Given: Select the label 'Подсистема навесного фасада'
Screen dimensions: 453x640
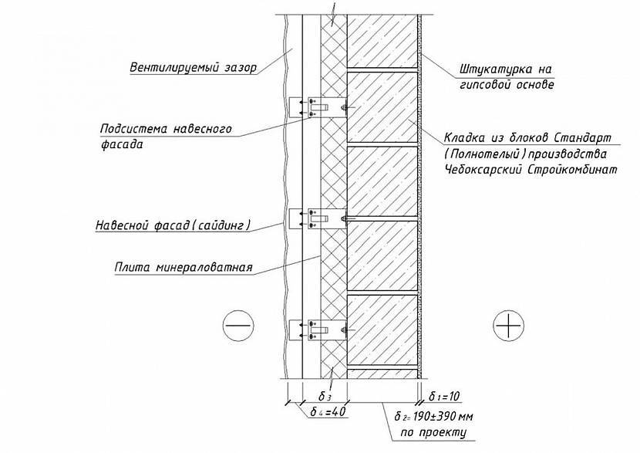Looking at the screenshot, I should click(167, 136).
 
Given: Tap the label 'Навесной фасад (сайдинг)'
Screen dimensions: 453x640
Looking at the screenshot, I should click(186, 226).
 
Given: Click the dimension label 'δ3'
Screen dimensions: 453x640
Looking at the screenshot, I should click(325, 396).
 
